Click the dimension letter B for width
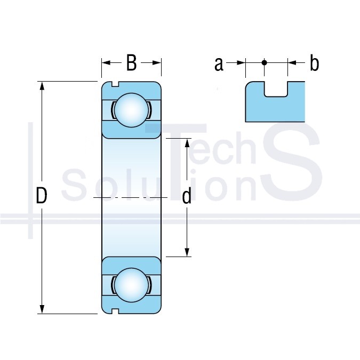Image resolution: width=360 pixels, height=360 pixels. coord(132,63)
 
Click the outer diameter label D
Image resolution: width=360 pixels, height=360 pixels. coord(42,196)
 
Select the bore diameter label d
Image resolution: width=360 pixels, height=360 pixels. coord(187,196)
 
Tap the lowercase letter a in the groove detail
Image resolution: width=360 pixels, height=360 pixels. coord(219,65)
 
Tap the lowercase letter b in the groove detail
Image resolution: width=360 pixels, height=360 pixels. coord(314,63)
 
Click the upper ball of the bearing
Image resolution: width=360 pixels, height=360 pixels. coord(131,110)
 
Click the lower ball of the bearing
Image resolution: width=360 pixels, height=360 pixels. coord(131,285)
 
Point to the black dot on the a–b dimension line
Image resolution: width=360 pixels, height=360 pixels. coord(264,62)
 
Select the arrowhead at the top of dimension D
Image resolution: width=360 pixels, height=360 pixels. coord(42,86)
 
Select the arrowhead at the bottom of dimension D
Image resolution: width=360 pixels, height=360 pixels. coord(42,309)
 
